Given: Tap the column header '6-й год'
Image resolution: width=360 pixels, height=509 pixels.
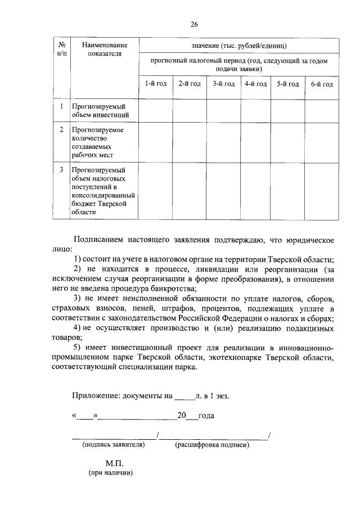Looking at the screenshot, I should click(322, 84).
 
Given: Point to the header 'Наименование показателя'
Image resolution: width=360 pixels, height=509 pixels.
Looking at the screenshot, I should click(104, 49).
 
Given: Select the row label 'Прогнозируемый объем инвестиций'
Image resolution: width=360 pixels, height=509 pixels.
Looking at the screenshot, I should click(97, 110).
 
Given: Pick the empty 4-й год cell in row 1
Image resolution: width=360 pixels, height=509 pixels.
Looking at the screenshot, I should click(255, 110).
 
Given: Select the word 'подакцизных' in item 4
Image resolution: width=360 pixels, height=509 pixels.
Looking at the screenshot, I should click(307, 328).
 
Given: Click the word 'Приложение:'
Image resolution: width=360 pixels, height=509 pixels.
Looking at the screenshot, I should click(94, 395).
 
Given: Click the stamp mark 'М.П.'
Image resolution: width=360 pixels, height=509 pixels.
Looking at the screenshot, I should click(113, 463).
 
